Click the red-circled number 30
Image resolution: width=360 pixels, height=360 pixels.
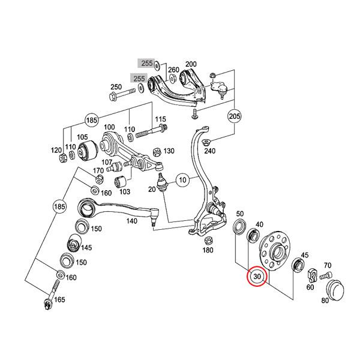pyautogui.click(x=257, y=277)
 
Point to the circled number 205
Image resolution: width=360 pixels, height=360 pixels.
pyautogui.click(x=234, y=116)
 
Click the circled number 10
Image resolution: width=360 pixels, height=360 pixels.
pyautogui.click(x=182, y=179)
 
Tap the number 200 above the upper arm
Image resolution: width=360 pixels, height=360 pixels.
pyautogui.click(x=191, y=64)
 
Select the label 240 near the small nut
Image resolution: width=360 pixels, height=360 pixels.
pyautogui.click(x=209, y=151)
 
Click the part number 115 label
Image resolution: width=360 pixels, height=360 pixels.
pyautogui.click(x=161, y=120)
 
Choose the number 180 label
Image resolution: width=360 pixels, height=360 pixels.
pyautogui.click(x=208, y=250)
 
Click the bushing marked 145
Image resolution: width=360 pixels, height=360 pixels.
pyautogui.click(x=73, y=244)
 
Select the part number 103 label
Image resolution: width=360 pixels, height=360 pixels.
pyautogui.click(x=125, y=191)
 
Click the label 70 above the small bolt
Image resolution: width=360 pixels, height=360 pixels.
pyautogui.click(x=327, y=265)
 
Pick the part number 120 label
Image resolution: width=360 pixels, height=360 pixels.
pyautogui.click(x=55, y=149)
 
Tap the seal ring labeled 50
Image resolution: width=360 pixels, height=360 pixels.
pyautogui.click(x=239, y=227)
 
